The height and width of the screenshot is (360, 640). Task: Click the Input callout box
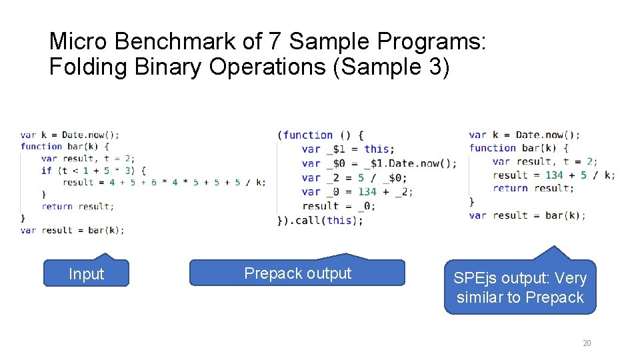[x=86, y=274]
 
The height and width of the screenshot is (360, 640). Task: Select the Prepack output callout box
[x=297, y=273]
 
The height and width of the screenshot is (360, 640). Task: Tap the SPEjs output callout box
[x=520, y=288]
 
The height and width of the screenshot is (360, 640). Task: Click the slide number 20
[x=587, y=343]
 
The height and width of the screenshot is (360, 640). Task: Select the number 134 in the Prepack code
[x=367, y=191]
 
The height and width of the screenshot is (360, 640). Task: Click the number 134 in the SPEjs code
[x=554, y=175]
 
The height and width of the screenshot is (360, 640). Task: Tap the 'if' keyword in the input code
[x=46, y=170]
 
